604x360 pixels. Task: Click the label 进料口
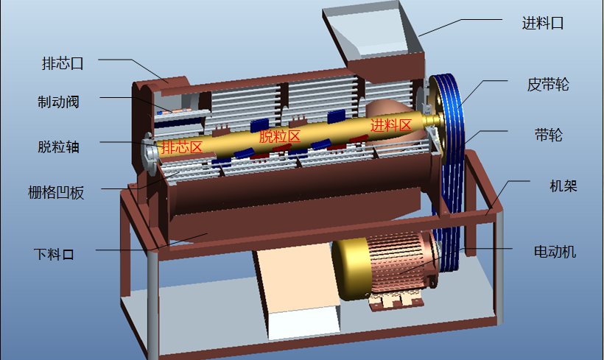542,24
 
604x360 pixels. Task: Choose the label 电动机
555,252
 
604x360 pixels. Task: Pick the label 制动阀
58,102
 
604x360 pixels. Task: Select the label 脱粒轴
58,147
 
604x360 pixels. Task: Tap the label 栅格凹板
56,194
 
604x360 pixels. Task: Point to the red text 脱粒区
280,136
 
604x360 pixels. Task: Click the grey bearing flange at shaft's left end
147,155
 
